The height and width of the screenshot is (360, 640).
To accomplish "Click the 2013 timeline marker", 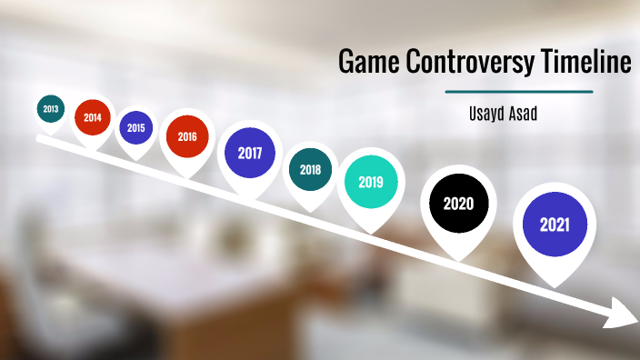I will coord(50,109).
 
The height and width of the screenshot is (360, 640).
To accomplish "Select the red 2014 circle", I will coord(93,117).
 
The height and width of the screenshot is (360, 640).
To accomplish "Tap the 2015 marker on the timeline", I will coord(136,128).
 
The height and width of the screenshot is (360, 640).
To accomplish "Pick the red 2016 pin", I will coord(186,137).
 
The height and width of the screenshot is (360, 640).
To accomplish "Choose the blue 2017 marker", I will coord(250,153).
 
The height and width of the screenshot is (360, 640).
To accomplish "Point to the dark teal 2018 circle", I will coord(311,169).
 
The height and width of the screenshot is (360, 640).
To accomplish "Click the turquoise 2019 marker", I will coord(370,182).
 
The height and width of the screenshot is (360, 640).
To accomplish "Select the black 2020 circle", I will coord(458,203).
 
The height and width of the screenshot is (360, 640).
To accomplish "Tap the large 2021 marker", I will coord(555,224).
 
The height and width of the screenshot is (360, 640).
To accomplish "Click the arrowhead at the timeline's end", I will coord(625,315).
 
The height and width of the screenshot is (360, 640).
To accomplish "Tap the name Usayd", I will coord(488,113).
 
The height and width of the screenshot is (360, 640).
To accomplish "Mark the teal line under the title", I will coord(519,92).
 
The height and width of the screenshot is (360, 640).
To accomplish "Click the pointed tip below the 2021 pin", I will coord(555,280).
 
